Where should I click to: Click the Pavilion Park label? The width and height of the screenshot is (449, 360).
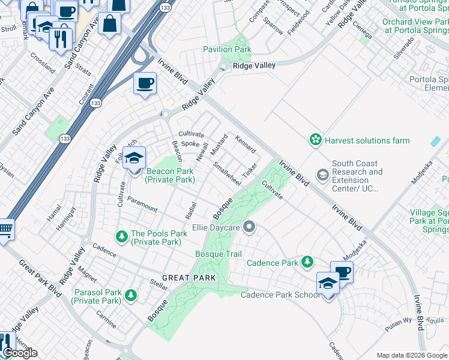point(227,49)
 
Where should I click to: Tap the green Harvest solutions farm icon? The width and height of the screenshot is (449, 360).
point(315,140)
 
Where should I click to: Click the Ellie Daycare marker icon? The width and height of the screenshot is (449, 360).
point(250,227)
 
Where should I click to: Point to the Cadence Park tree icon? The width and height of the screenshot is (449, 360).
point(307,262)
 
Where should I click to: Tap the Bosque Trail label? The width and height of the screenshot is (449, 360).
point(218,254)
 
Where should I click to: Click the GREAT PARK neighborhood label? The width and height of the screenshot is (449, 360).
point(188,278)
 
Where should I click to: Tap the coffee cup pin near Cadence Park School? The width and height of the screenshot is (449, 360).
point(342,272)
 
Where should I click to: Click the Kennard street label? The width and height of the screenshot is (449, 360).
point(246,144)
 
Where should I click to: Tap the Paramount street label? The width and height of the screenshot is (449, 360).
point(142,205)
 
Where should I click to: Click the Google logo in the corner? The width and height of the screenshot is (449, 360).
point(20,352)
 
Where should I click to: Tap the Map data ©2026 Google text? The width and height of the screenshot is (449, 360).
point(412,355)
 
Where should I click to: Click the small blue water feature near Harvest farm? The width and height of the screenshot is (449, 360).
point(435,142)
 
